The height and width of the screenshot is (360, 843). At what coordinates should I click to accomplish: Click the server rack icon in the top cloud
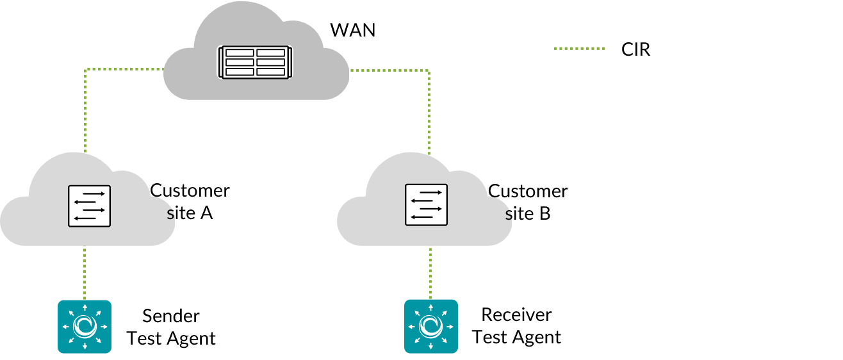[x=255, y=62]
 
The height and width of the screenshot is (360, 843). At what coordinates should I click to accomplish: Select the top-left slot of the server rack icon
[x=240, y=53]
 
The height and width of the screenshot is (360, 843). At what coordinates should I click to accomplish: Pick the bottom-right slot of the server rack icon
[x=270, y=72]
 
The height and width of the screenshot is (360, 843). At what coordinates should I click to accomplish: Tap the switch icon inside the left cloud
[x=89, y=206]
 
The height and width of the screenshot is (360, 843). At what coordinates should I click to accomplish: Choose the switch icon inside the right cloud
[x=426, y=205]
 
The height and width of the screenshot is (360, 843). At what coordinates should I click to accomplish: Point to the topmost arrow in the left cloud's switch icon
[x=94, y=193]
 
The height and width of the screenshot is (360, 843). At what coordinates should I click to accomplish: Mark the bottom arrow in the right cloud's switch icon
[x=422, y=217]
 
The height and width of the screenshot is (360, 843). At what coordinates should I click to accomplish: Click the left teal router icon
[x=85, y=327]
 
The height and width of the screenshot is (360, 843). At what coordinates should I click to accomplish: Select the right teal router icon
[x=430, y=327]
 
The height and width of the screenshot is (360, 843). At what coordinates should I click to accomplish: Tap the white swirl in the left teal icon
[x=85, y=327]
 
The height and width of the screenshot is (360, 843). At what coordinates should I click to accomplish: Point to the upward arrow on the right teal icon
[x=430, y=307]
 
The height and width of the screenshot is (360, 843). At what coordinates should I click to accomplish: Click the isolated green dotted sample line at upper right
[x=579, y=48]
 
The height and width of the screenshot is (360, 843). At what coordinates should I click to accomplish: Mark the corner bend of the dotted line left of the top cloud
[x=85, y=69]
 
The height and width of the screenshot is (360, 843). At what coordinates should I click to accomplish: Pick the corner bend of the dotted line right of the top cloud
[x=429, y=70]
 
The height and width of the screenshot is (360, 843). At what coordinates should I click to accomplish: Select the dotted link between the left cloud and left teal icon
[x=85, y=272]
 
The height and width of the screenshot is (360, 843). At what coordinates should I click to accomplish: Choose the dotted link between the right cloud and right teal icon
[x=430, y=273]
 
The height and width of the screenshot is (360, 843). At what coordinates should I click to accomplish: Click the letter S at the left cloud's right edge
[x=170, y=215]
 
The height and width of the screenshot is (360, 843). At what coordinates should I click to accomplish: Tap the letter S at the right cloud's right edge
[x=508, y=216]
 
